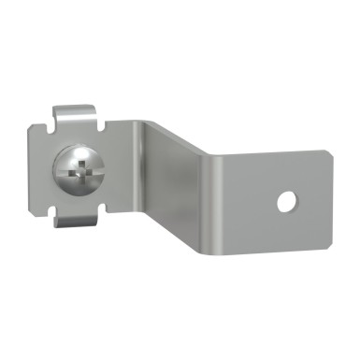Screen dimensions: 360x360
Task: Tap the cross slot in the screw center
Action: [x=77, y=171]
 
